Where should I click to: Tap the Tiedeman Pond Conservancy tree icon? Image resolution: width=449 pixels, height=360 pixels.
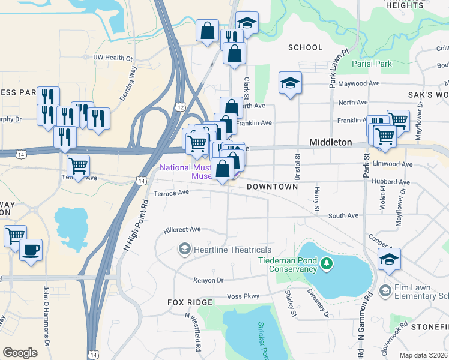pyautogui.click(x=326, y=263)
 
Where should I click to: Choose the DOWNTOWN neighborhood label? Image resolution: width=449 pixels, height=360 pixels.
pyautogui.click(x=273, y=187)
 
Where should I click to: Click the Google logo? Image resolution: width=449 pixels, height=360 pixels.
pyautogui.click(x=20, y=352)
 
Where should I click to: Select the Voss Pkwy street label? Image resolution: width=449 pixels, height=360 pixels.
pyautogui.click(x=243, y=296)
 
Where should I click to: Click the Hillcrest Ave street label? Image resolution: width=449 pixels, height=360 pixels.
pyautogui.click(x=182, y=229)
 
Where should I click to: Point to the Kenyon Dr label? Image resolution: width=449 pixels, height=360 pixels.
pyautogui.click(x=208, y=280)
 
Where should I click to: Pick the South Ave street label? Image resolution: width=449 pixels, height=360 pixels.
pyautogui.click(x=343, y=215)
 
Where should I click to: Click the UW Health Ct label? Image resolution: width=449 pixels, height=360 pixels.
pyautogui.click(x=112, y=58)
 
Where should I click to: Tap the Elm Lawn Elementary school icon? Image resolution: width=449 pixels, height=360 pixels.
pyautogui.click(x=385, y=290)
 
